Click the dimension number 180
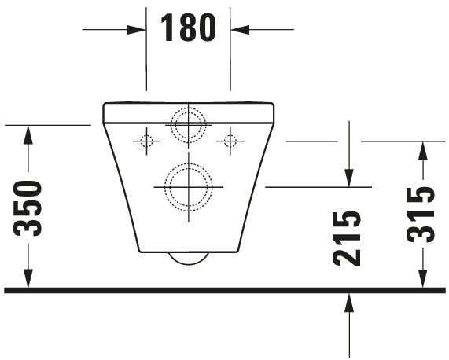[x=188, y=28]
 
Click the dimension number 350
[x=28, y=208]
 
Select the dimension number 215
[x=348, y=238]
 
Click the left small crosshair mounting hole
[x=145, y=141]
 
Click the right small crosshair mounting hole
[x=230, y=141]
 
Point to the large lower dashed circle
[x=188, y=187]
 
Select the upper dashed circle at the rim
[x=188, y=124]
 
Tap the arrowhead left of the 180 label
[x=138, y=30]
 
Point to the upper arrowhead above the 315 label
[x=423, y=150]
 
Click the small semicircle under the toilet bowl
[x=189, y=259]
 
